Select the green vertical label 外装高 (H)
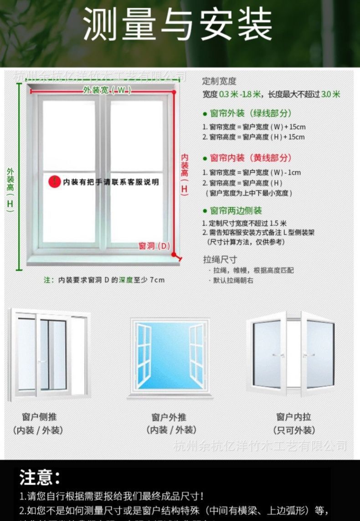point(10,189)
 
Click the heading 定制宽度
point(219,81)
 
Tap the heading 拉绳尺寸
point(220,260)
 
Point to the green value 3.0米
point(331,95)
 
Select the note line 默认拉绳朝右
point(233,281)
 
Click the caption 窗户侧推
point(40,417)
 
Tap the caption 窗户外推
point(169,417)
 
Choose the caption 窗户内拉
point(294,417)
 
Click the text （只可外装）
point(294,430)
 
